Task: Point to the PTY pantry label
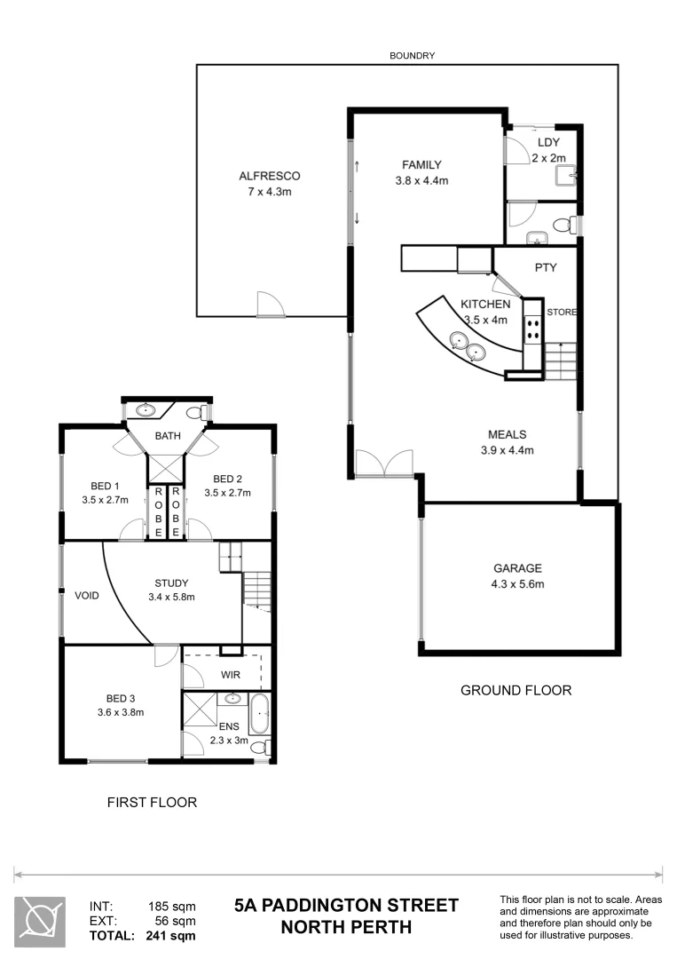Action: tap(545, 267)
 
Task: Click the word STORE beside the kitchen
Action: tap(563, 313)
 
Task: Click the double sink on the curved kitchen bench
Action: tap(468, 346)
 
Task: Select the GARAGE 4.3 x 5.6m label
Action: tap(518, 568)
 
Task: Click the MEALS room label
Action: tap(507, 434)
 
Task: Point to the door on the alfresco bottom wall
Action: tap(271, 305)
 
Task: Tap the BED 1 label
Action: tap(105, 486)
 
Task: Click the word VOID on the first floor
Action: tap(87, 595)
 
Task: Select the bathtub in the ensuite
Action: tap(258, 715)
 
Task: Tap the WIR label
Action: tap(231, 675)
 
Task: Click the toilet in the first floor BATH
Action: tap(201, 412)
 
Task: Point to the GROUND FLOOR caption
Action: tap(516, 690)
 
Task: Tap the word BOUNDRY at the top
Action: tap(413, 55)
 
